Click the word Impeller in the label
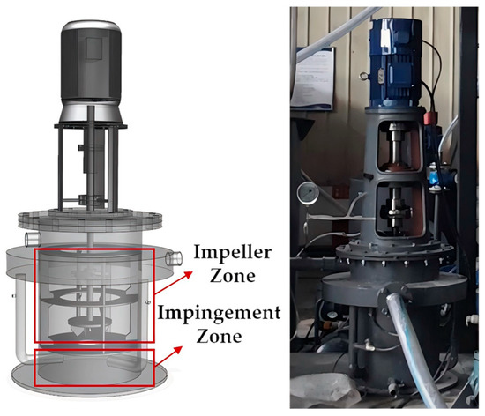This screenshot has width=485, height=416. (233, 253)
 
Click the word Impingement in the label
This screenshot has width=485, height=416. (220, 314)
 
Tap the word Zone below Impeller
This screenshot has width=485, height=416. (233, 276)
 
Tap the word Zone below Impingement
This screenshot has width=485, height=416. (220, 337)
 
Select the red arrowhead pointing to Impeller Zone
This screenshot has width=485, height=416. (188, 275)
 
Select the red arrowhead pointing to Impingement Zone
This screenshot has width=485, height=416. (177, 350)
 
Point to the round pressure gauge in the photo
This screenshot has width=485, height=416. (308, 194)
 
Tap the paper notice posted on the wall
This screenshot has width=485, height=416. (313, 78)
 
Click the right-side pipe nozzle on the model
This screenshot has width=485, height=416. (174, 259)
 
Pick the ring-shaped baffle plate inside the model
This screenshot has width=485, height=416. (89, 298)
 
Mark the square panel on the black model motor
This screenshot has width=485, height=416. (94, 48)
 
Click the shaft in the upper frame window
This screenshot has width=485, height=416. (397, 142)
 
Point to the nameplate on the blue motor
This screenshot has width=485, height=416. (380, 76)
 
